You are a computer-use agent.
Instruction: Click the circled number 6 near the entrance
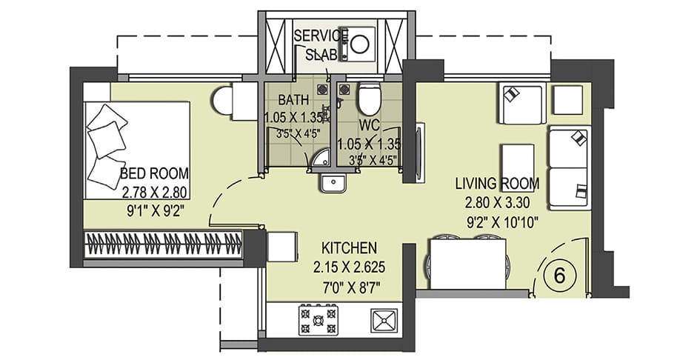click(560, 276)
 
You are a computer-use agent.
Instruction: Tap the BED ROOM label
click(154, 173)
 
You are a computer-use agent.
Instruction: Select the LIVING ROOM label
click(498, 183)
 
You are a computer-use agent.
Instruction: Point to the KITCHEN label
click(349, 247)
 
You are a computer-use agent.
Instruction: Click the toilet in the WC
click(370, 99)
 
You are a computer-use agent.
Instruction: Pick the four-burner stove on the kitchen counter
click(318, 319)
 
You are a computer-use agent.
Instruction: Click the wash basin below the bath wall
click(333, 183)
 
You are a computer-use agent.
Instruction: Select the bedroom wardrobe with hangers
click(164, 245)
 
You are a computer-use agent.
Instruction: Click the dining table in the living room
click(467, 264)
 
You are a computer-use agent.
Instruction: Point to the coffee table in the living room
click(518, 161)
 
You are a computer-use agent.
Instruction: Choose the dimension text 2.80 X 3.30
click(498, 203)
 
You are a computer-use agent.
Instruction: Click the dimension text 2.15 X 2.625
click(349, 267)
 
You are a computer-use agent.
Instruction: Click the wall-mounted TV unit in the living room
click(420, 153)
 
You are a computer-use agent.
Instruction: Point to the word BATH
click(293, 99)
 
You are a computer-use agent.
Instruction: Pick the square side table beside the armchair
click(567, 100)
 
